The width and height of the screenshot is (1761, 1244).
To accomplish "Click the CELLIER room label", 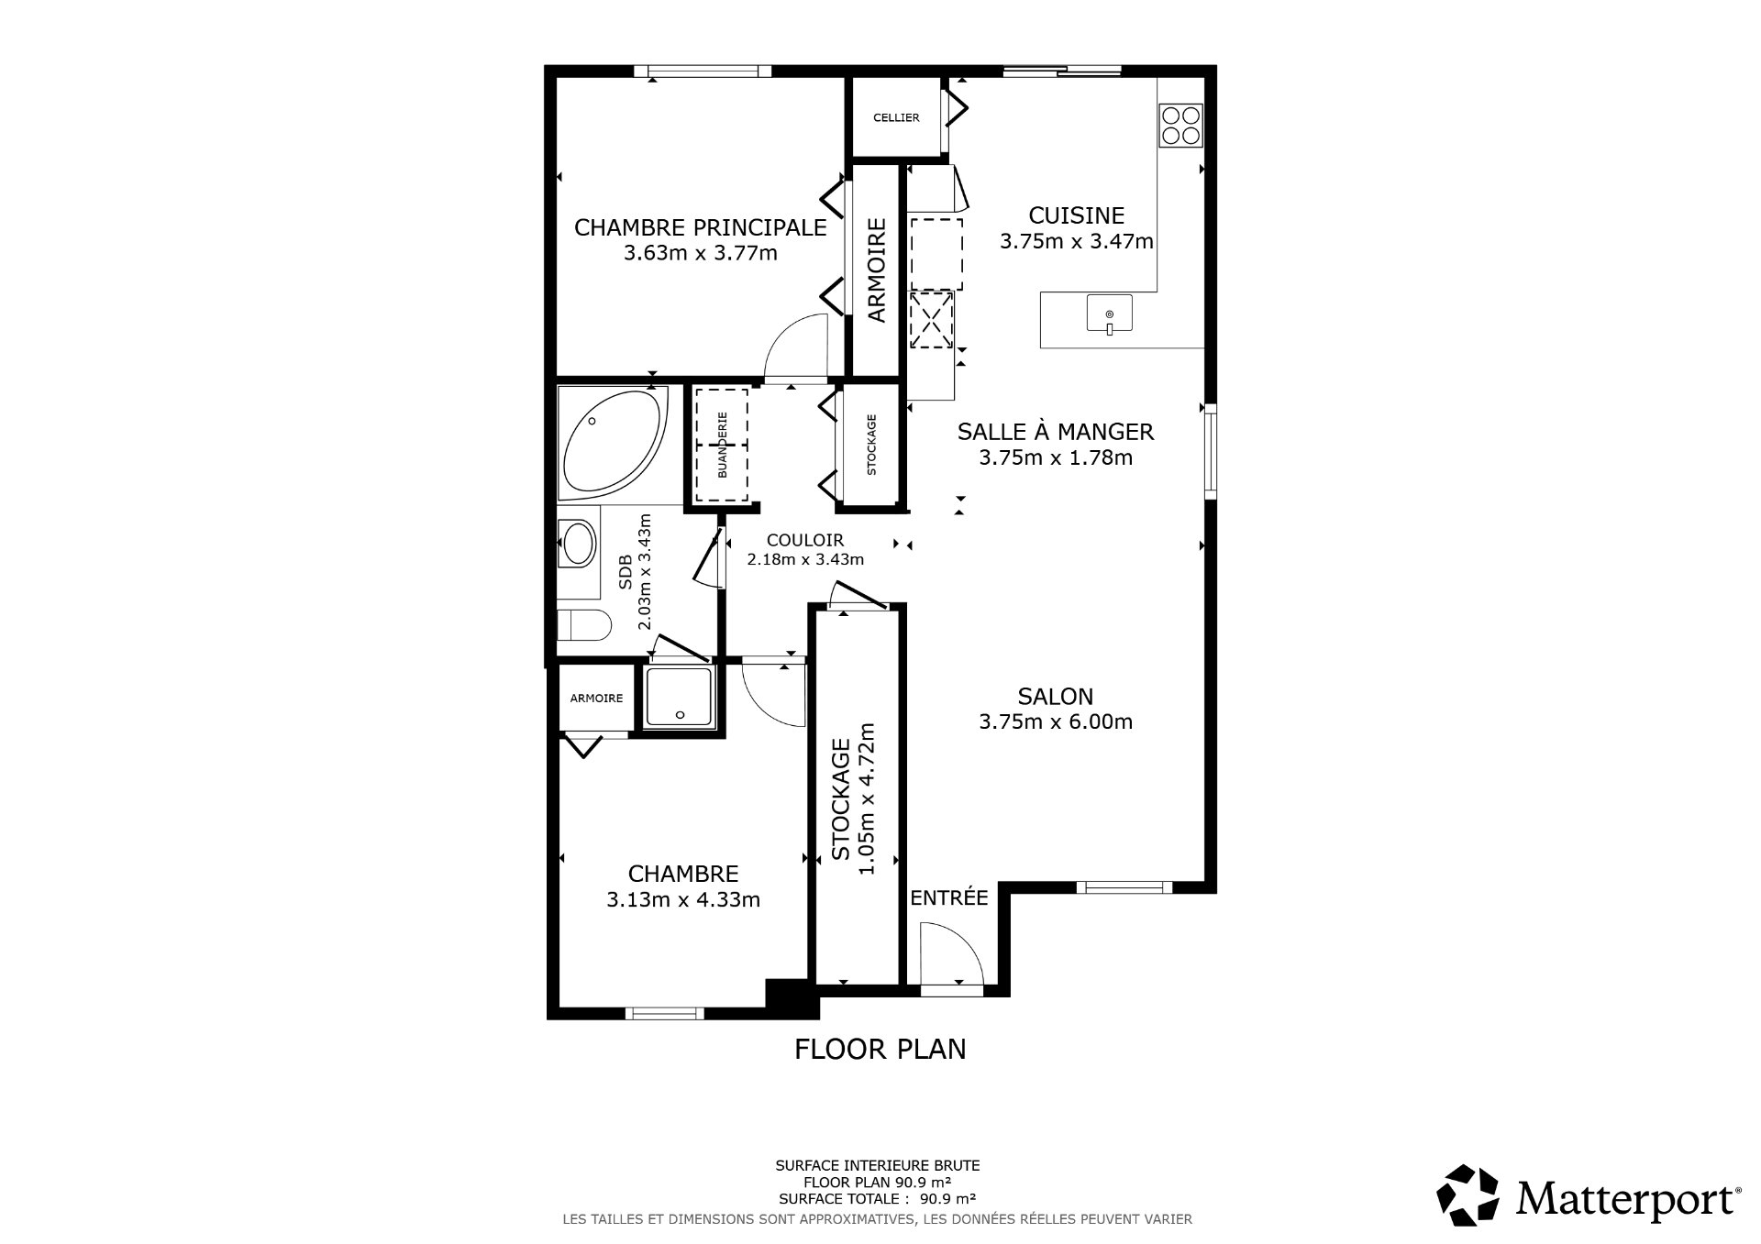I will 895,118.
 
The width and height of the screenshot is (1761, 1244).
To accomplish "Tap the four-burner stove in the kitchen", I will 1180,125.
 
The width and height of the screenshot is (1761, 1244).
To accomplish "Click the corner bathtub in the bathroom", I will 613,443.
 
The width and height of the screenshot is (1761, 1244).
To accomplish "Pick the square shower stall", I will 678,696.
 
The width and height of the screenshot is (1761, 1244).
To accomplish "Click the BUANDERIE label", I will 722,444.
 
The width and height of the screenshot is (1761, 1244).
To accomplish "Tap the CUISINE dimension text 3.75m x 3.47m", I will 1076,242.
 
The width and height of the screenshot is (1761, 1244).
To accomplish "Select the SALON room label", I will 1055,697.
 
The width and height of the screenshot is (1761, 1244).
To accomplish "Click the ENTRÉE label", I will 948,898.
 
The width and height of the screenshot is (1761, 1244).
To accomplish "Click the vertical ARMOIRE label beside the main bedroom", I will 877,270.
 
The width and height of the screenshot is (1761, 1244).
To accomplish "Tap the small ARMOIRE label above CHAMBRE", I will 596,699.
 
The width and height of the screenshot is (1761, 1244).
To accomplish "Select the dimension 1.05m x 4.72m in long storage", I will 867,798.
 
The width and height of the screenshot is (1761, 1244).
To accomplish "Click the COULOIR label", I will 804,541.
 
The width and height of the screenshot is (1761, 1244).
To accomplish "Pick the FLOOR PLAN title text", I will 880,1049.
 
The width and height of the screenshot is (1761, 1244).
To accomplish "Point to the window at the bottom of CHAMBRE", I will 664,1013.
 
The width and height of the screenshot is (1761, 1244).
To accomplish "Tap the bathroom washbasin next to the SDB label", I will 578,544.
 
